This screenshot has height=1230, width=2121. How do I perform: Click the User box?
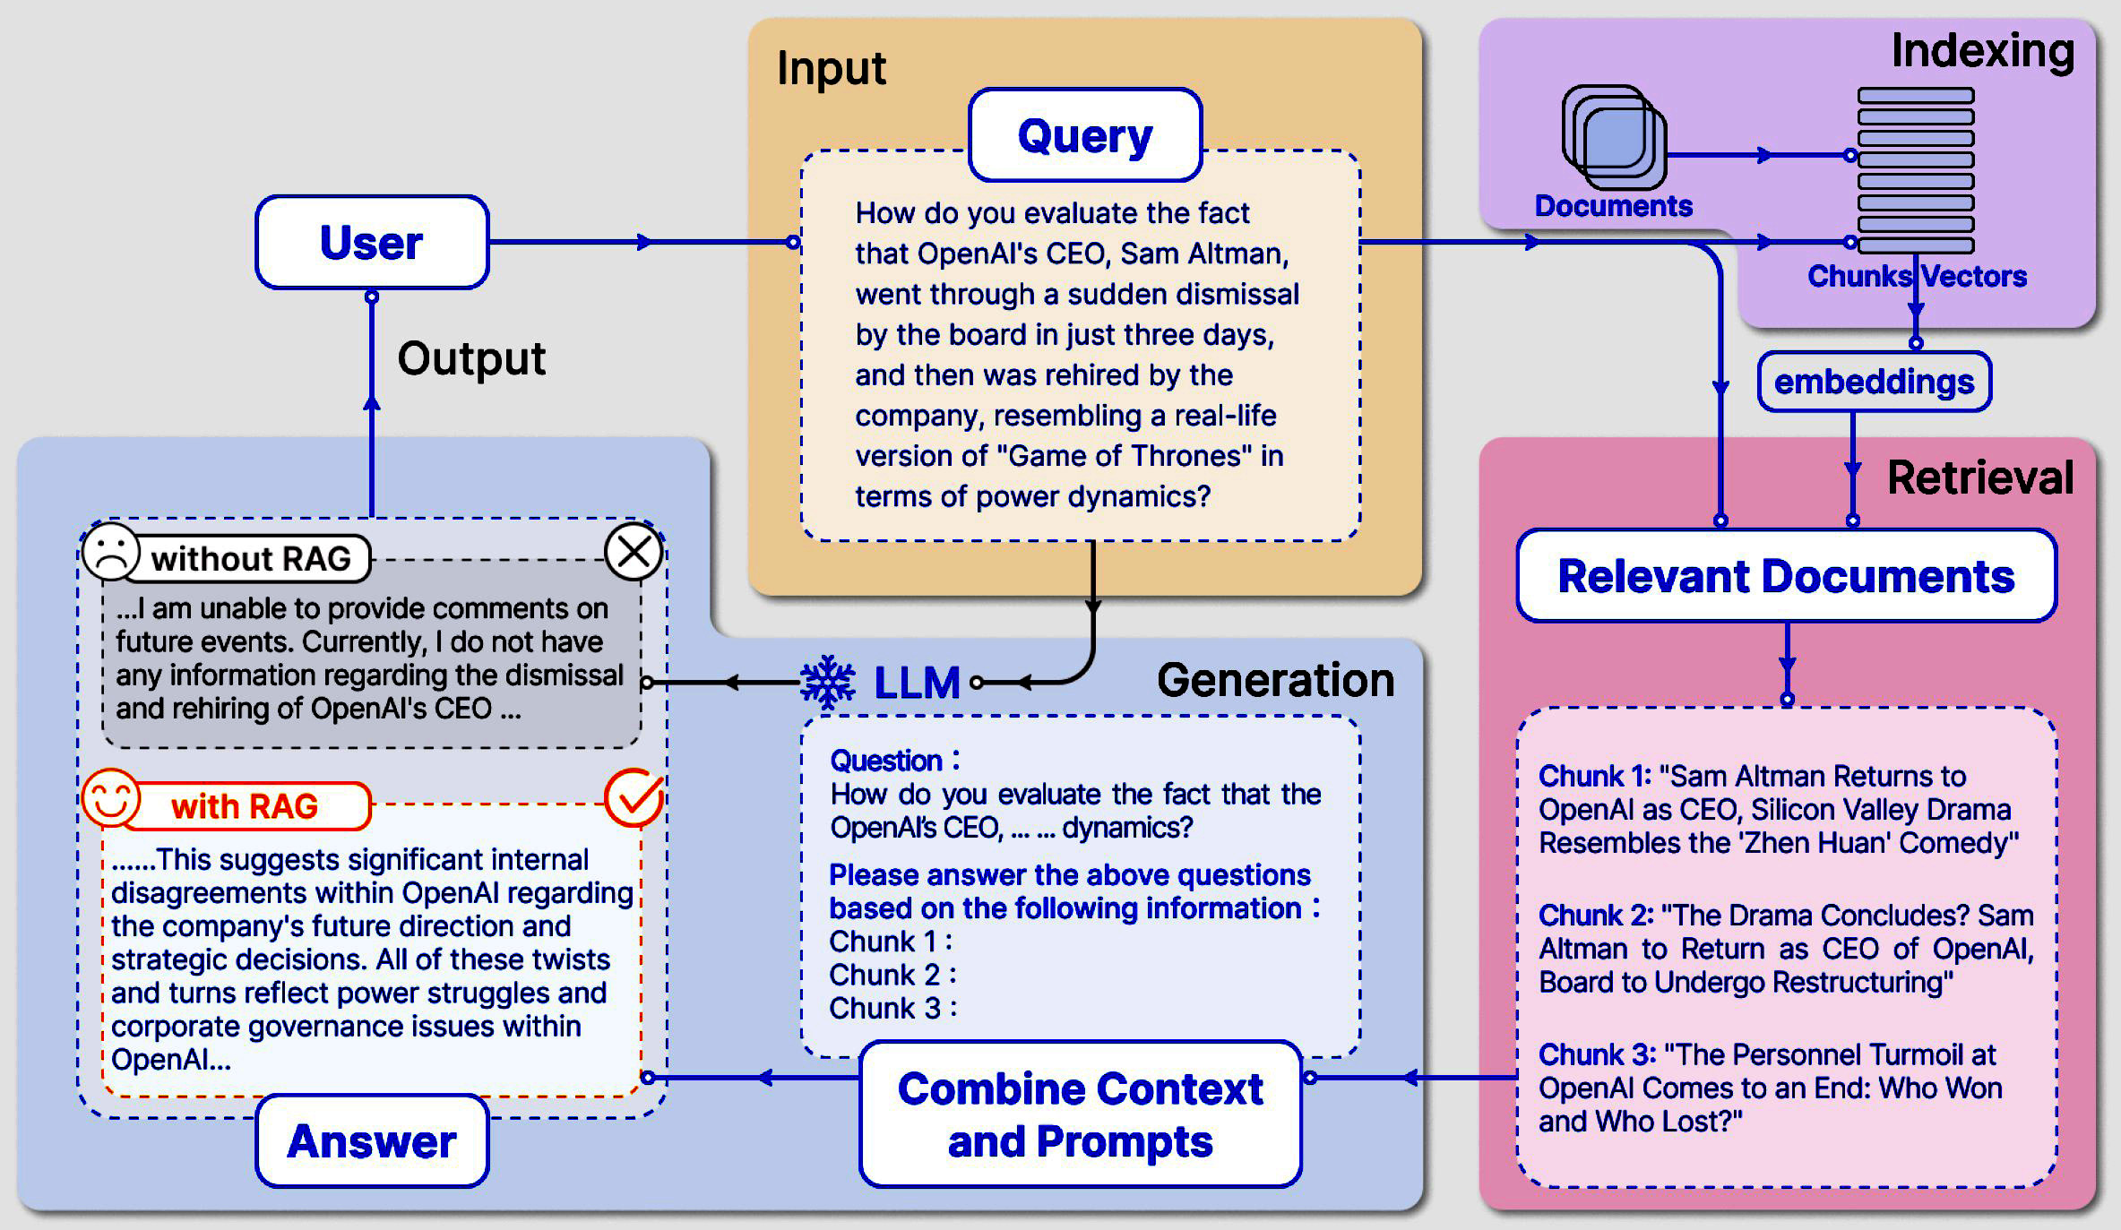coord(372,243)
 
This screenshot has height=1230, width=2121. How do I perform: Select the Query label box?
coord(1084,135)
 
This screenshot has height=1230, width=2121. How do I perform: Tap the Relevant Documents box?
coord(1786,576)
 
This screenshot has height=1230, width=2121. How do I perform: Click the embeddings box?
coord(1874,382)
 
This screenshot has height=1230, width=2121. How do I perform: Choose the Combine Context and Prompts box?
coord(1080,1114)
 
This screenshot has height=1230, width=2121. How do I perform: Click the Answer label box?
coord(372,1141)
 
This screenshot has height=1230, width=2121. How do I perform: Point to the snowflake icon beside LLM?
coord(827,683)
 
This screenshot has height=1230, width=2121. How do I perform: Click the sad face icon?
coord(111,552)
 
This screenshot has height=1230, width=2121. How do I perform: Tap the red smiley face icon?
coord(111,797)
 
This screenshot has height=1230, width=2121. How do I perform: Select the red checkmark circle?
coord(634,797)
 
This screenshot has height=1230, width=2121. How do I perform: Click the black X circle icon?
coord(634,552)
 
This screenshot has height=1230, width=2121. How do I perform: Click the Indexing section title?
coord(1982,51)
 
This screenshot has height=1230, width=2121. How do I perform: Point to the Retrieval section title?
coord(1980,477)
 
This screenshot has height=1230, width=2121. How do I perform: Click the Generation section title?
coord(1275,680)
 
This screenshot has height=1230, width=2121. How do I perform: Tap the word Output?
coord(471,358)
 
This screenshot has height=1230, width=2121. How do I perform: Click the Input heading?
coord(831,68)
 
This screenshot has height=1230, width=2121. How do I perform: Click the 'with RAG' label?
coord(245,806)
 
